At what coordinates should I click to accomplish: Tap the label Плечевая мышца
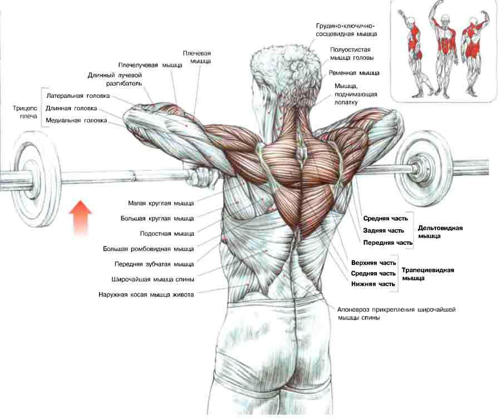(x=197, y=57)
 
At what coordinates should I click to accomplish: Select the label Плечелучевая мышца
(x=150, y=65)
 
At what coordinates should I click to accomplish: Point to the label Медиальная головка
(x=76, y=120)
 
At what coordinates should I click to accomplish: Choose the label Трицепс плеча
(x=24, y=112)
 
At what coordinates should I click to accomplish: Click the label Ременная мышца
(x=354, y=72)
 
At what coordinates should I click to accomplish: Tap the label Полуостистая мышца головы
(x=351, y=53)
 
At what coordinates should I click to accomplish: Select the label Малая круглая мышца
(x=161, y=203)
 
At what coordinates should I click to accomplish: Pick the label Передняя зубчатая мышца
(x=154, y=264)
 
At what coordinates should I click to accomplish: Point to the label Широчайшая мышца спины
(x=153, y=279)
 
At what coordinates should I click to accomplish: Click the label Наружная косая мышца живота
(x=146, y=294)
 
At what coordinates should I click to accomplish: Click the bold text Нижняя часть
(x=373, y=284)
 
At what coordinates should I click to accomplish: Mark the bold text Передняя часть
(x=387, y=243)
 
